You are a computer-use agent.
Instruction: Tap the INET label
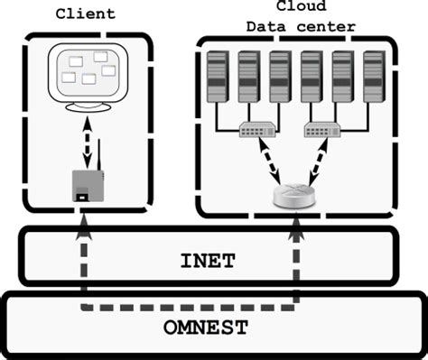(x=208, y=262)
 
